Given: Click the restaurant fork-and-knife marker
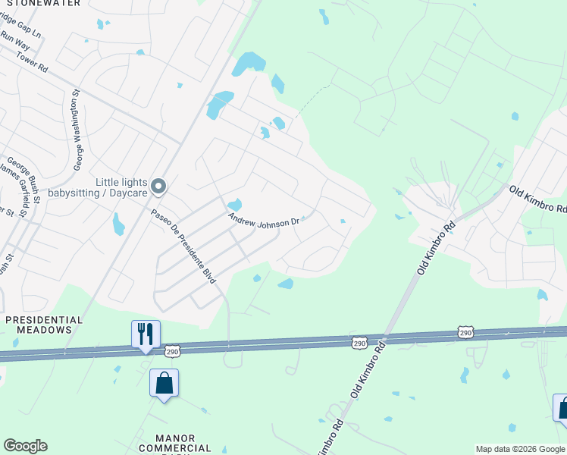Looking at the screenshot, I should pos(146,334).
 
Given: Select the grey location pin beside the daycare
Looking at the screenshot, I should pos(158,186).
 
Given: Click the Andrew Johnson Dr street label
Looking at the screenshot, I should pos(265,220).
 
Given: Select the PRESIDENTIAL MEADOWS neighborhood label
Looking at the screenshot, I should pos(44,325).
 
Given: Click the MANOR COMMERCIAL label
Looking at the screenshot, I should pos(175,444).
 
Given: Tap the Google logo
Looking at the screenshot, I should pos(25,446).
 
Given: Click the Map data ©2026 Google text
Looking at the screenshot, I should pos(519,449).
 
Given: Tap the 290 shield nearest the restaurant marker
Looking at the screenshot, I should pos(172,350).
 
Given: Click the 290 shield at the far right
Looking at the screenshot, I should pos(465,332).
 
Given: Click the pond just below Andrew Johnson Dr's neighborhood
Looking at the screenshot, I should pos(286,284).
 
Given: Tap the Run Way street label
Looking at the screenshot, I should pos(14,37).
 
